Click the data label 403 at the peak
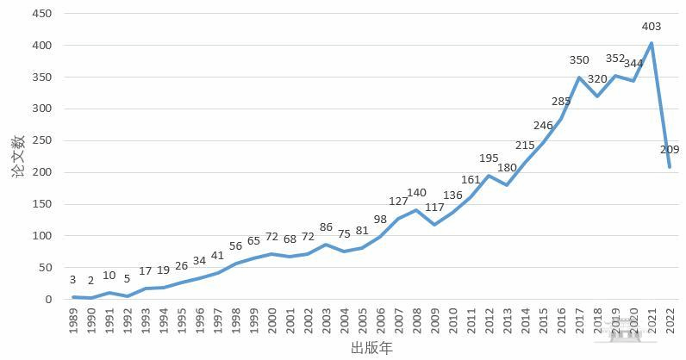(652, 27)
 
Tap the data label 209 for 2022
(670, 150)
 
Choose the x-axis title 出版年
(371, 348)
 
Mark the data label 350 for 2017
(579, 60)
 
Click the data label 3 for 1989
(74, 281)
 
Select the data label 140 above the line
(417, 193)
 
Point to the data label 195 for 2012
(489, 158)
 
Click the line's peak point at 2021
(652, 43)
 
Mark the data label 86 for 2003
(327, 227)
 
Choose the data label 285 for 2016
(561, 102)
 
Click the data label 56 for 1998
(236, 246)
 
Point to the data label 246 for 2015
(543, 126)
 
